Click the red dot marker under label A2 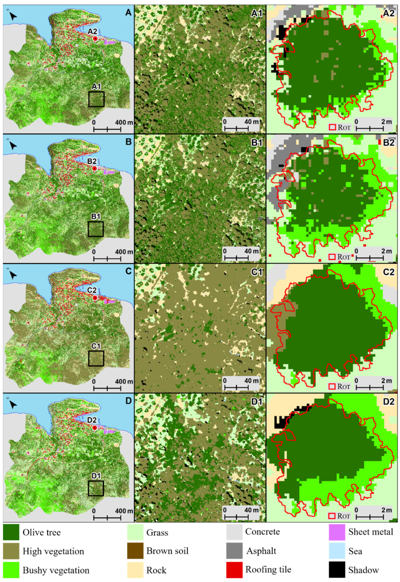(95, 39)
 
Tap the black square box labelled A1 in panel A (96, 99)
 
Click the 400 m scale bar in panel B (107, 258)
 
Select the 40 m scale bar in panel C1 (237, 388)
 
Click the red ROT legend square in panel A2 (332, 127)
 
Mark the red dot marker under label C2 (95, 298)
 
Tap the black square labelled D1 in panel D (96, 488)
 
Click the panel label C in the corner (128, 271)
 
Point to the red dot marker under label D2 (95, 427)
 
